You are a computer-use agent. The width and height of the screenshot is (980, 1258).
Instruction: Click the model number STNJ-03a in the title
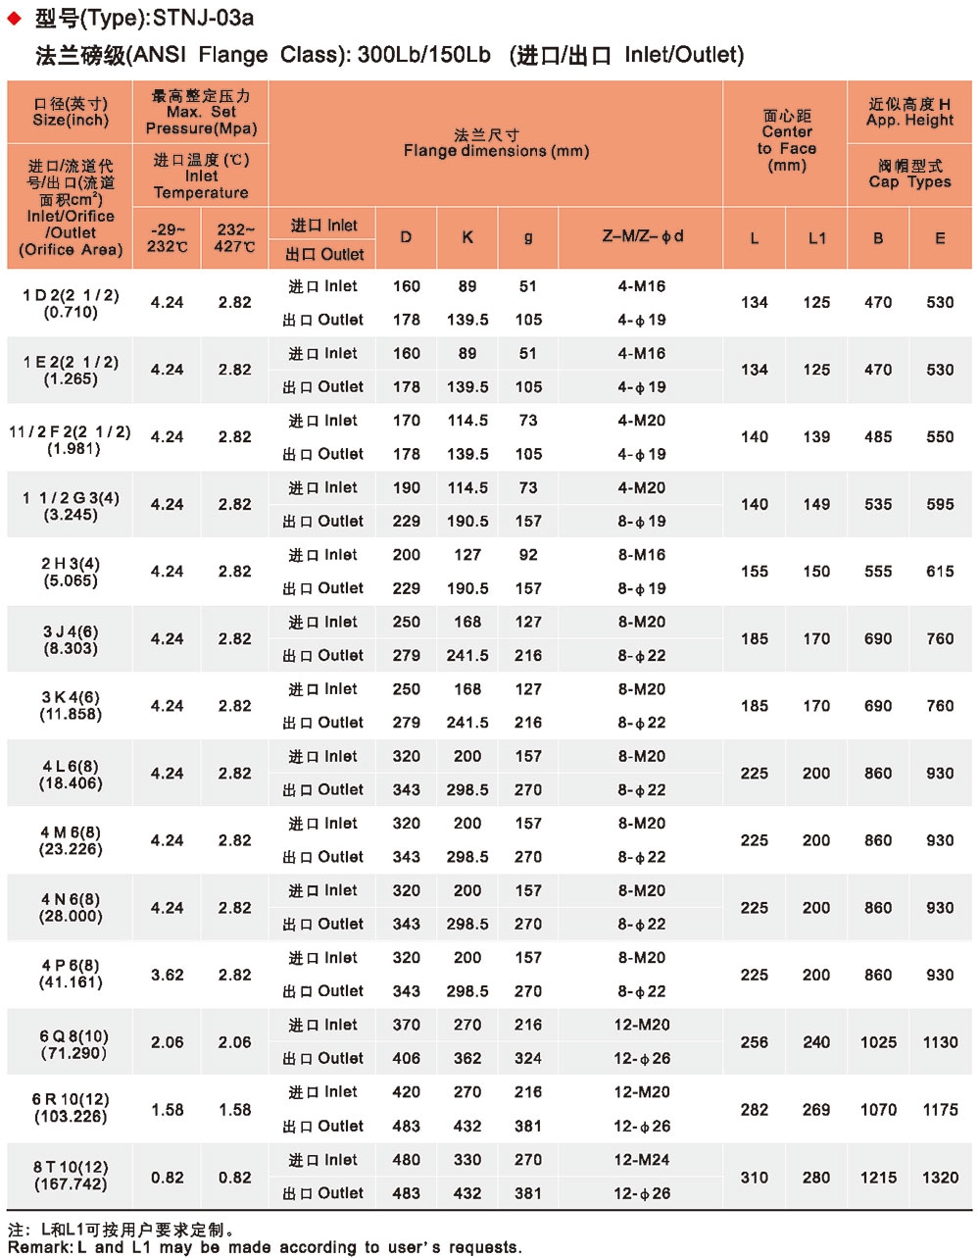(x=203, y=17)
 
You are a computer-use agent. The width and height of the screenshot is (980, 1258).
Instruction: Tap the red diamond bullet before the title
(x=14, y=18)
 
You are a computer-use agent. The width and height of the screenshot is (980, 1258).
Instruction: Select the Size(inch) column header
(x=70, y=113)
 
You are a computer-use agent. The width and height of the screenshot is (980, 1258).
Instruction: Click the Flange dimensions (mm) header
(x=496, y=143)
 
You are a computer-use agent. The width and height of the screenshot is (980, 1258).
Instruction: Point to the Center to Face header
(x=786, y=140)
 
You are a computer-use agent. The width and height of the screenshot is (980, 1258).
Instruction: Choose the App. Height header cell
(x=909, y=112)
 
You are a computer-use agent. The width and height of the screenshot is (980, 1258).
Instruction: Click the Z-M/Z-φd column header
(x=642, y=236)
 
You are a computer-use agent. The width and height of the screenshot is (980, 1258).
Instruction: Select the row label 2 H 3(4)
(x=70, y=564)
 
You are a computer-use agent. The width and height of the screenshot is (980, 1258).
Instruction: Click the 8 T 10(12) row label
(x=70, y=1167)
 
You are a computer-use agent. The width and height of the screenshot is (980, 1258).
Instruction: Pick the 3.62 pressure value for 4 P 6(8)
(x=167, y=975)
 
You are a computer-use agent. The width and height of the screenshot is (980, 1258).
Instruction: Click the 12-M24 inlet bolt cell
(x=642, y=1159)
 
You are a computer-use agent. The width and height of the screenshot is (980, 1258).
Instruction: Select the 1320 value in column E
(x=940, y=1177)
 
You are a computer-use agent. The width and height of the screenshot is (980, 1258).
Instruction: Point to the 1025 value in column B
(x=878, y=1042)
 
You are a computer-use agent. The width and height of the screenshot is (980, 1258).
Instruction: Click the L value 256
(x=754, y=1042)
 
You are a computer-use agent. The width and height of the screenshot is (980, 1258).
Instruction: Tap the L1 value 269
(x=816, y=1109)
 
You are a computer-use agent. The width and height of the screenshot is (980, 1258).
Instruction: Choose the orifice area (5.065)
(x=70, y=580)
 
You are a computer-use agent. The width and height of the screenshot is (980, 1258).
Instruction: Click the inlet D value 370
(x=406, y=1025)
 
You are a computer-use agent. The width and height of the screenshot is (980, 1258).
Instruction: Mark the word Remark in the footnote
(x=38, y=1247)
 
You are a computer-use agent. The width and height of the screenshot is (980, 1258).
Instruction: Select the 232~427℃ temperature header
(x=234, y=238)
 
